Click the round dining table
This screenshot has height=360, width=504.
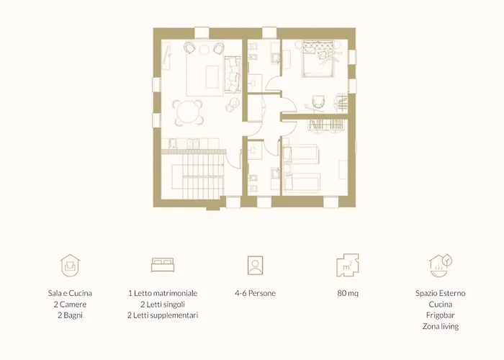pos(188,112)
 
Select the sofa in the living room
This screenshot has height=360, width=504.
pos(233,75)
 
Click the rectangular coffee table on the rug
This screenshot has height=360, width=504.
pos(212,77)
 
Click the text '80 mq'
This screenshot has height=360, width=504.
pos(348,293)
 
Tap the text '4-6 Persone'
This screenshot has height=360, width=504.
pos(255,293)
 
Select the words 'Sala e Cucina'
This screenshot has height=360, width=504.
pos(70,293)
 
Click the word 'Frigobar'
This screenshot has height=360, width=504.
pos(441,315)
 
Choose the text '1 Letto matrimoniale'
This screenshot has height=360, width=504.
pos(163,293)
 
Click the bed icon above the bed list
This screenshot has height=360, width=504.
pos(163,265)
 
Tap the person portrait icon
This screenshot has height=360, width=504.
pos(255,265)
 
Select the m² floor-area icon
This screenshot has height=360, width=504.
pos(348,265)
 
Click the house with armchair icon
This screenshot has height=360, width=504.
pos(70,265)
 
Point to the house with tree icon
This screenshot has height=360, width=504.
pos(441,266)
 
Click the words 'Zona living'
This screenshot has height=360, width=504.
pos(441,327)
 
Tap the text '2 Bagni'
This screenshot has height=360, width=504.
pos(70,315)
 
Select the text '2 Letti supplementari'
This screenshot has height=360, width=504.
pos(163,315)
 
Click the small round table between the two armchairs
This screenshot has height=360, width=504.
pos(204,49)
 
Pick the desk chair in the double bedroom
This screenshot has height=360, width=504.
pos(318,102)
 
